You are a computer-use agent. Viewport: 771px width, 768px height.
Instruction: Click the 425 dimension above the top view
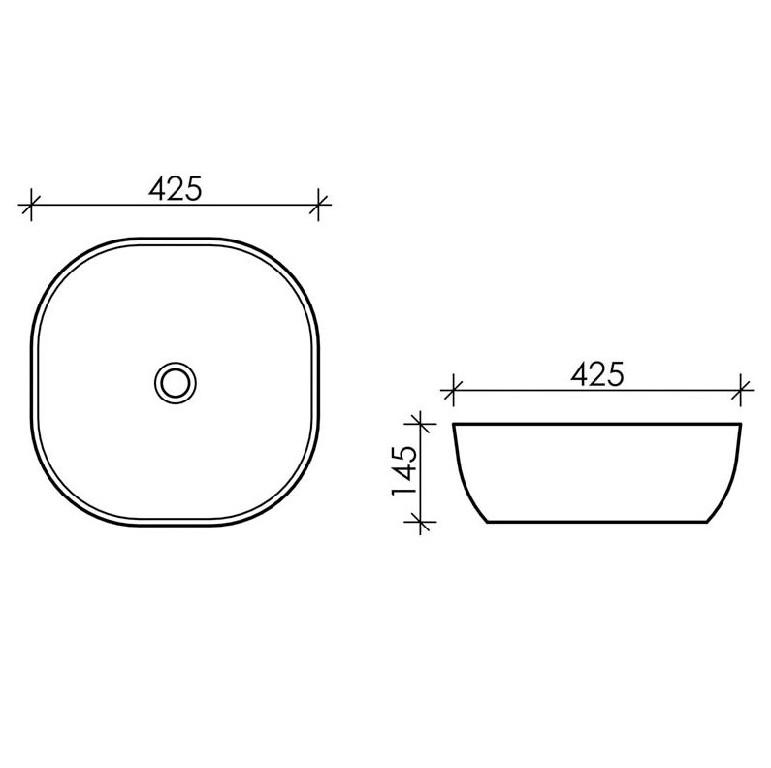[x=175, y=188]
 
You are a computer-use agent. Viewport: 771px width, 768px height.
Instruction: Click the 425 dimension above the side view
[x=597, y=374]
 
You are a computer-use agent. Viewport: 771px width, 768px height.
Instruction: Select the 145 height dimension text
[x=404, y=471]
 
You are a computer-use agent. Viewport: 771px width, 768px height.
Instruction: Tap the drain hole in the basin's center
[x=176, y=382]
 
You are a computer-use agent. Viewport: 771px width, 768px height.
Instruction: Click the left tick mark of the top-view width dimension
[x=31, y=204]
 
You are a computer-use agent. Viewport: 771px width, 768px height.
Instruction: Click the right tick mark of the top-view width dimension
[x=319, y=204]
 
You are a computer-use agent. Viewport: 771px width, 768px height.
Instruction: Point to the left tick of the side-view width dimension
[x=453, y=391]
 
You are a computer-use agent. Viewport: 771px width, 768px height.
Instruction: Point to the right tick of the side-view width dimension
[x=741, y=391]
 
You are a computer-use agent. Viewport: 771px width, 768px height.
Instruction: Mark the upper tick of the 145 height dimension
[x=420, y=423]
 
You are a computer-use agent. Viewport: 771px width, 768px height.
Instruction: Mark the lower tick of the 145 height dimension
[x=420, y=521]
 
